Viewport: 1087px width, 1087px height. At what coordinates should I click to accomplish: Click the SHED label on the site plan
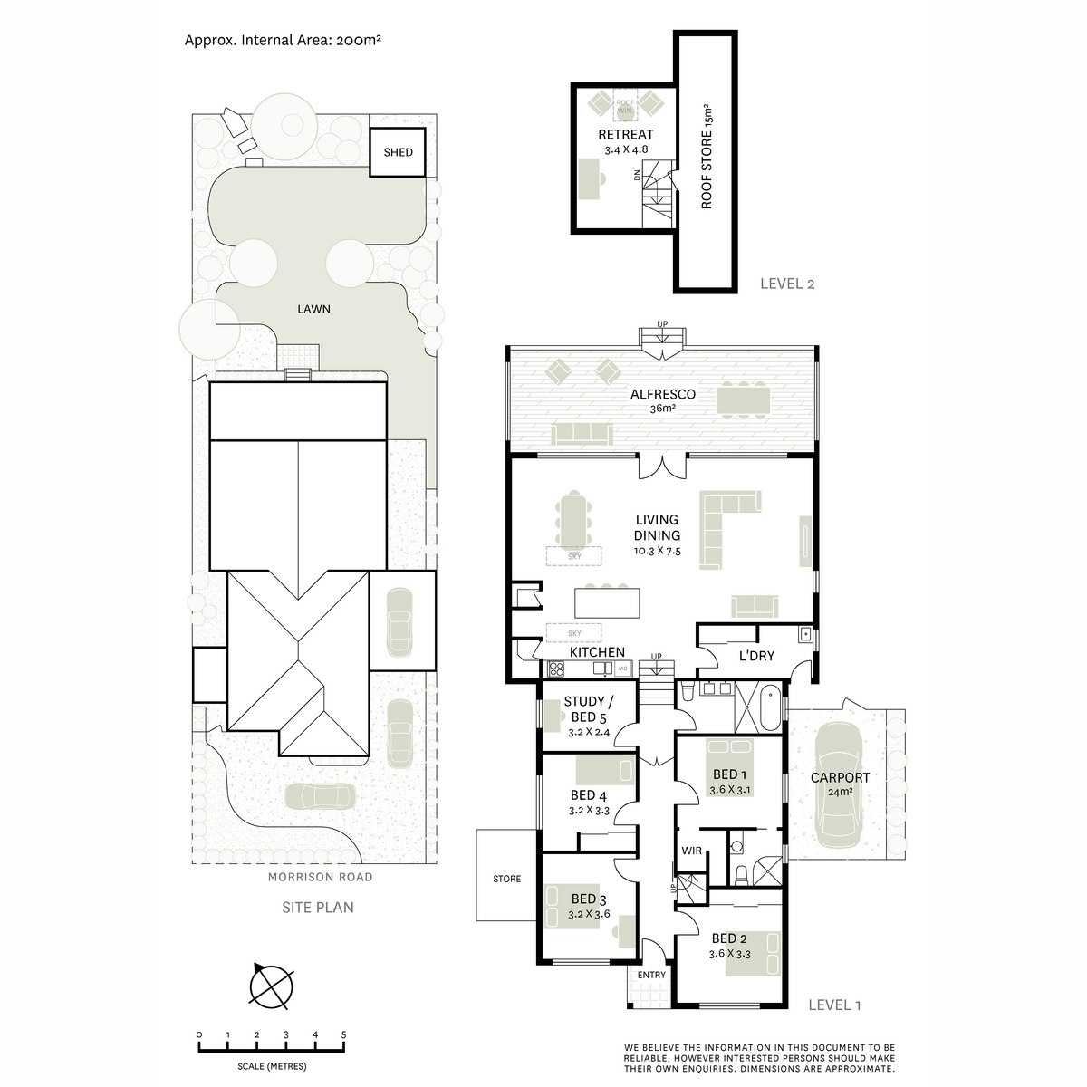click(398, 152)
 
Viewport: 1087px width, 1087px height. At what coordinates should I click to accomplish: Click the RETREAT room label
click(626, 135)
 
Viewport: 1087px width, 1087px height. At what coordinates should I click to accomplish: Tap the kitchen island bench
click(607, 603)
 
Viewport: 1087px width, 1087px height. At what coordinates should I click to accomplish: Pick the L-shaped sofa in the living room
click(730, 530)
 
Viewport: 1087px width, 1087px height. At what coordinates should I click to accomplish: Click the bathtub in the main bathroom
click(769, 709)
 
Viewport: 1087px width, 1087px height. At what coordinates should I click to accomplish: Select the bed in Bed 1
click(730, 768)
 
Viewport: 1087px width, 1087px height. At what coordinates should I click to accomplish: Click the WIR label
click(691, 851)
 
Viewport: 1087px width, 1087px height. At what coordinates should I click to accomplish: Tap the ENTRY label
click(651, 975)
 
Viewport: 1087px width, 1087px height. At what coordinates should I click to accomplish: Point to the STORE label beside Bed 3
click(506, 879)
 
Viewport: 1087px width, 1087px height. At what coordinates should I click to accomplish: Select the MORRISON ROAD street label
click(320, 877)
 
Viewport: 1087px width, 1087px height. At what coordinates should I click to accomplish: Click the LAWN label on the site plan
click(313, 309)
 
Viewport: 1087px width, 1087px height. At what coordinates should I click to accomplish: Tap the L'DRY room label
click(756, 656)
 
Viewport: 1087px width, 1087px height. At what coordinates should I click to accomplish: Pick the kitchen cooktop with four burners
click(556, 669)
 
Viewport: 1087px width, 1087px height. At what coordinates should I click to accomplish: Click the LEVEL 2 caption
click(787, 284)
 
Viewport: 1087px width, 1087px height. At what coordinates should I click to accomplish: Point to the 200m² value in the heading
click(358, 41)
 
